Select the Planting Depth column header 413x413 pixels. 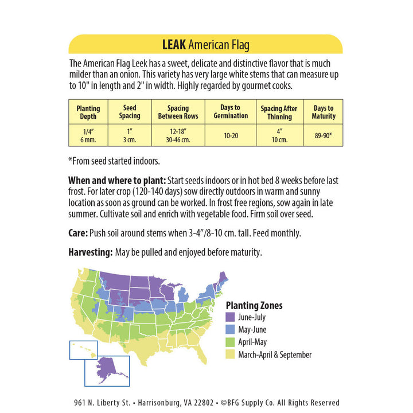[x=88, y=112]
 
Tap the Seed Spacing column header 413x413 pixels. [x=130, y=112]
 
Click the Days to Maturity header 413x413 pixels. [x=324, y=112]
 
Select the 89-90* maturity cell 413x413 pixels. [x=324, y=135]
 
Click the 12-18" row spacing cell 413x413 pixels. [x=178, y=135]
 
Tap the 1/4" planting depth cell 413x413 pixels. [x=88, y=135]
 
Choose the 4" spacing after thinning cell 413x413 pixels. [x=279, y=135]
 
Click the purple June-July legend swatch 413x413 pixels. [x=231, y=317]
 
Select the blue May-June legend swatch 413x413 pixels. [x=231, y=330]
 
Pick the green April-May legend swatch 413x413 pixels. [x=231, y=342]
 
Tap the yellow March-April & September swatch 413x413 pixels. [x=231, y=355]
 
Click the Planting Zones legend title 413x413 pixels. [x=254, y=306]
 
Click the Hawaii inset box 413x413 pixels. [x=83, y=350]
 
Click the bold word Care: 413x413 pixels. [x=78, y=233]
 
